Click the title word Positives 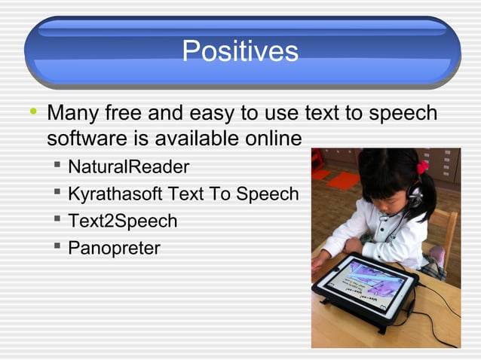(240, 52)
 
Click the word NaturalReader (128, 166)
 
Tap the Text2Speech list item (122, 221)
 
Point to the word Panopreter (114, 248)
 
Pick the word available (189, 139)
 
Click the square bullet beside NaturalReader (57, 165)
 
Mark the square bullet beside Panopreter (57, 246)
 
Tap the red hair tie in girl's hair (422, 167)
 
